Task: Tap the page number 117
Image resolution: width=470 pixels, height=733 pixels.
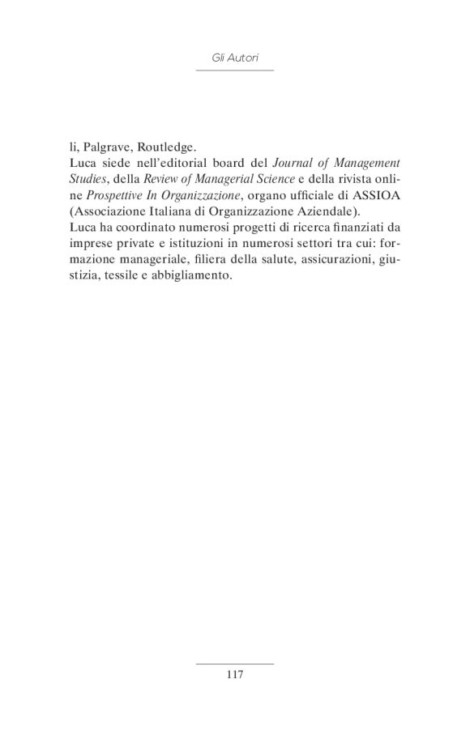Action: tap(235, 674)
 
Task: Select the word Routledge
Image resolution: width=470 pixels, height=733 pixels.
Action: tap(166, 147)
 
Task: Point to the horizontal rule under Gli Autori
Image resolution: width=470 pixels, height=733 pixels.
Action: tap(235, 70)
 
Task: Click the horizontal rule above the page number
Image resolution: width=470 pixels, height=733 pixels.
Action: tap(235, 663)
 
